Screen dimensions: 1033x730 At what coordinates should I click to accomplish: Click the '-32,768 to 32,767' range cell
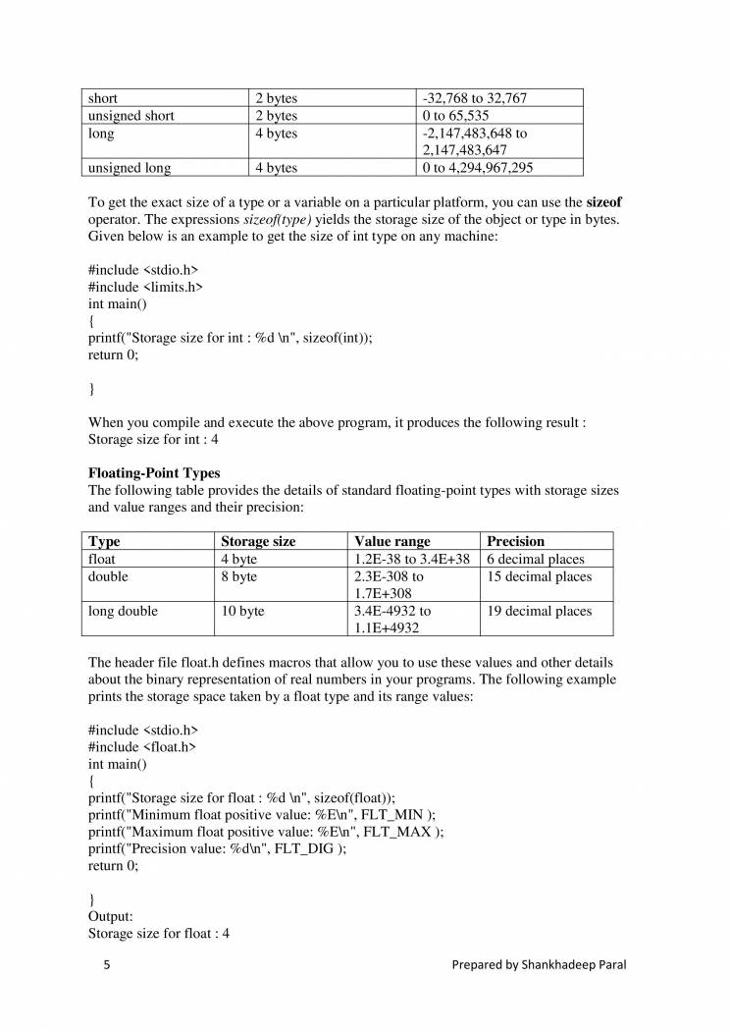click(477, 98)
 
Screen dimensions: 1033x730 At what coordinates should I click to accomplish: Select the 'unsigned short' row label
click(131, 116)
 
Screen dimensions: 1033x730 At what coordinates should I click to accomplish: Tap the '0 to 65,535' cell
click(455, 116)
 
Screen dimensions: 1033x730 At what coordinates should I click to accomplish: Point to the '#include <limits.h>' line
click(145, 287)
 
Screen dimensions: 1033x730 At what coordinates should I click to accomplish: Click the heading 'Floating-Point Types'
click(154, 473)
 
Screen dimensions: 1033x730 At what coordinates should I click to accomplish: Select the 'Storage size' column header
click(258, 541)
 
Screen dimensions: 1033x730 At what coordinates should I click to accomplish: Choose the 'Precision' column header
click(516, 541)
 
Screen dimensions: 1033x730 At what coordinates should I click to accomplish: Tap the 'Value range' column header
click(392, 541)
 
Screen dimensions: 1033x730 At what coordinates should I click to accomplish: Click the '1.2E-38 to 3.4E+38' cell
click(412, 559)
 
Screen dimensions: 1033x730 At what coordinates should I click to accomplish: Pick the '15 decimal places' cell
click(540, 576)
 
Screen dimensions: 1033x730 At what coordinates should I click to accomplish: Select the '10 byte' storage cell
click(242, 611)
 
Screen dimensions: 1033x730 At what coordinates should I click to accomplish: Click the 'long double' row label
click(123, 611)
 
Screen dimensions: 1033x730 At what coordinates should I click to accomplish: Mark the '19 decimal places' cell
click(540, 611)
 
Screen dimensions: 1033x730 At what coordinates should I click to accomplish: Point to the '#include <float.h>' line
click(142, 747)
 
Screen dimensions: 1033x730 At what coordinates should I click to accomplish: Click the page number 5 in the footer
click(107, 965)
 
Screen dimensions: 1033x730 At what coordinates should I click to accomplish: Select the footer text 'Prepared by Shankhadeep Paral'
click(539, 965)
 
